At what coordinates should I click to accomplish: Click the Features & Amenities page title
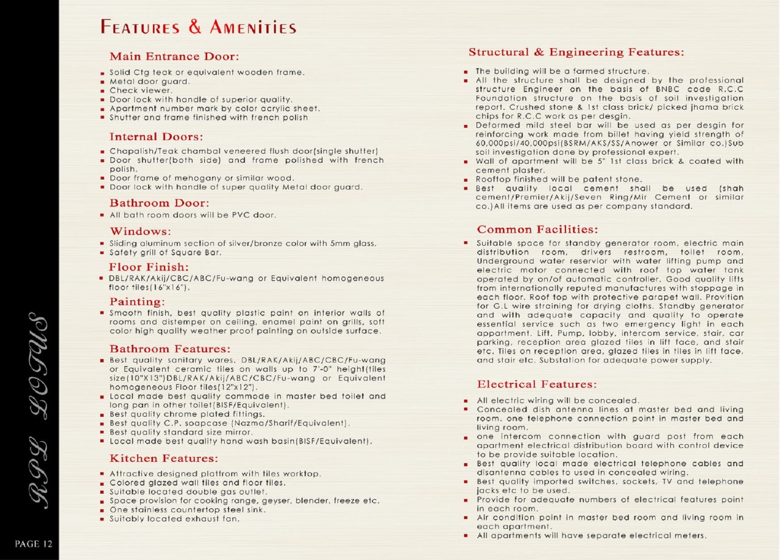[x=199, y=27]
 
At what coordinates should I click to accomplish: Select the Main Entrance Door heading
[x=174, y=57]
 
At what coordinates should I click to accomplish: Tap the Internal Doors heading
[x=156, y=136]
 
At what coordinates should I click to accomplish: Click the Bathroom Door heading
[x=159, y=203]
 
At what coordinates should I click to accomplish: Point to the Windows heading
[x=140, y=232]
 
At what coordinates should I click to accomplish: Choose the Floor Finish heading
[x=149, y=267]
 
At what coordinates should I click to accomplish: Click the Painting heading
[x=137, y=302]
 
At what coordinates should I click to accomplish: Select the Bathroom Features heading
[x=170, y=349]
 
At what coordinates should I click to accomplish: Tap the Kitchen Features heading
[x=163, y=458]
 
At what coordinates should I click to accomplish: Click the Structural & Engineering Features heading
[x=576, y=52]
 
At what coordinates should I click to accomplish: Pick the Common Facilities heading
[x=537, y=230]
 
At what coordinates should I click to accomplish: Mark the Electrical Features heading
[x=536, y=385]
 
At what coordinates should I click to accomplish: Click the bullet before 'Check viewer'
[x=103, y=90]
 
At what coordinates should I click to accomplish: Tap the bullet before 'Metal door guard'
[x=103, y=81]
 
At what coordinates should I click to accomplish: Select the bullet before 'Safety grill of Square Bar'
[x=103, y=252]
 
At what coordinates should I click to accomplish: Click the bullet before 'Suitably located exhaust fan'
[x=103, y=519]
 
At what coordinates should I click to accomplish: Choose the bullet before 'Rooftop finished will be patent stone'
[x=465, y=180]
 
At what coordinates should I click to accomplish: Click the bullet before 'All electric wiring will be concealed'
[x=465, y=400]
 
